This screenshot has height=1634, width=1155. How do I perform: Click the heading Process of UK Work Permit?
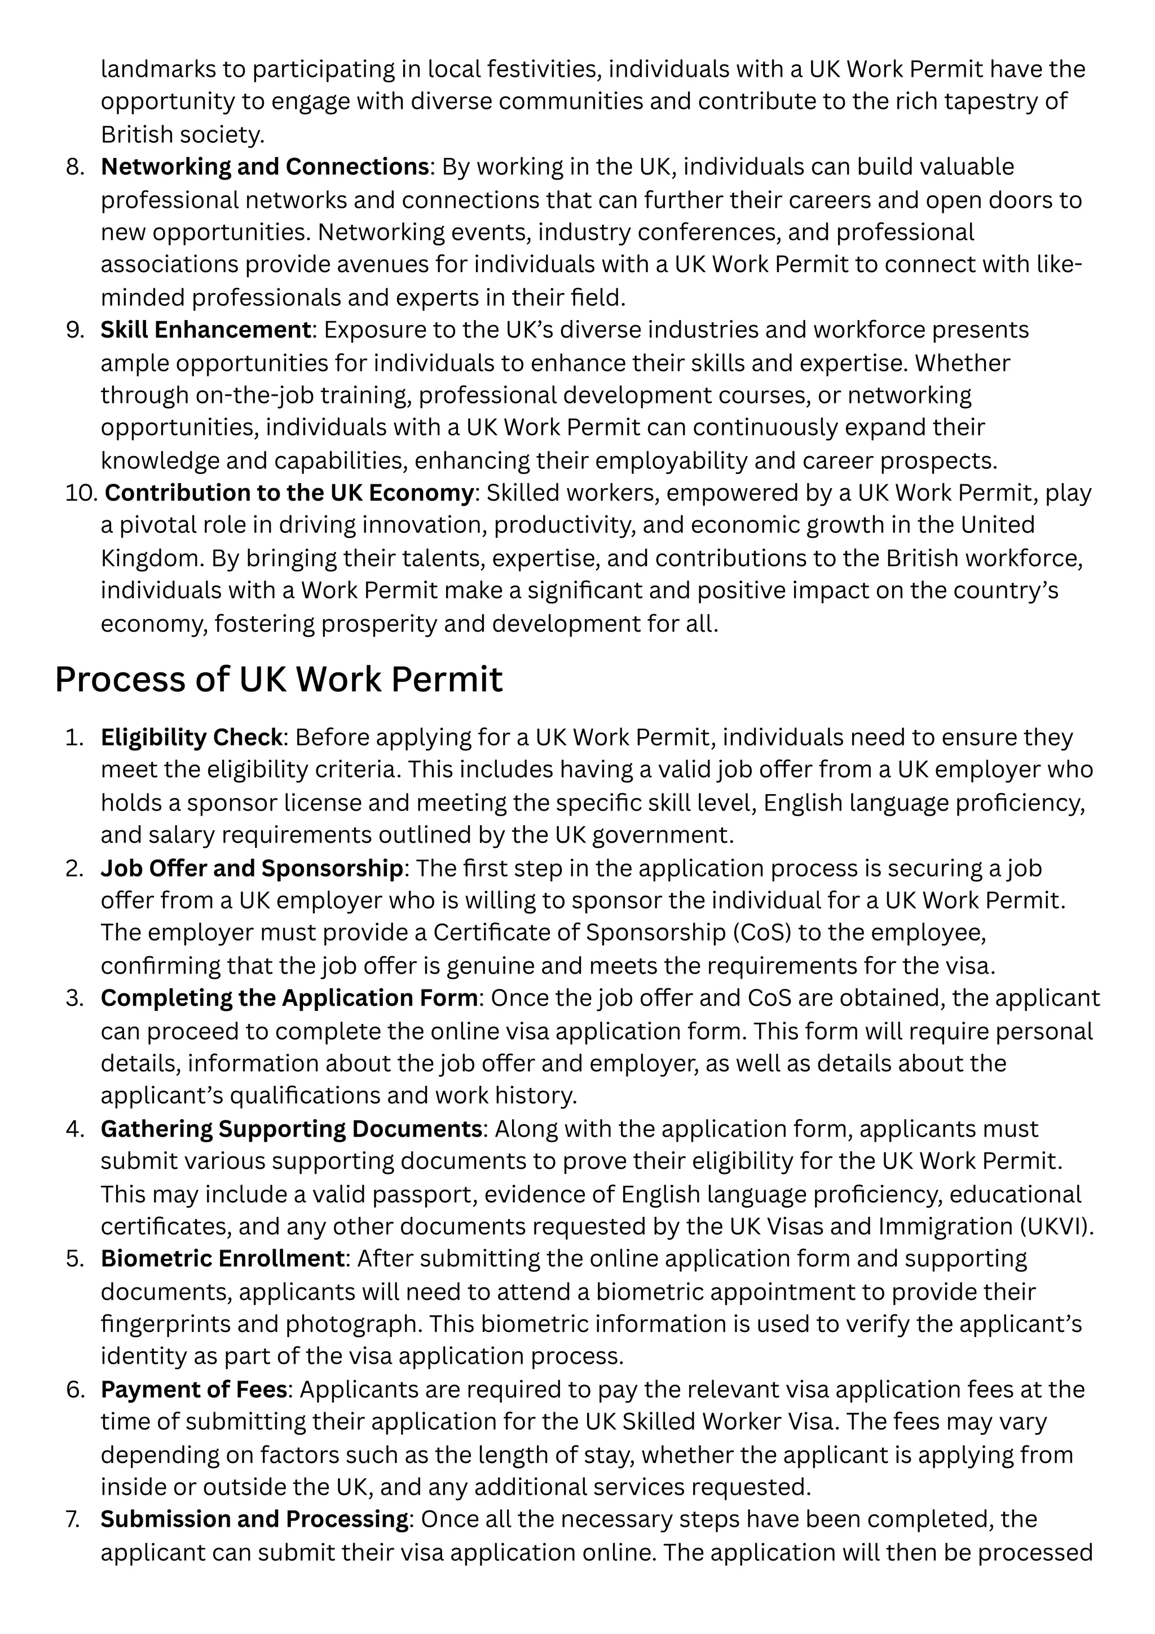[278, 679]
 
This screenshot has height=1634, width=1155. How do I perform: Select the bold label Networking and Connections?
[264, 167]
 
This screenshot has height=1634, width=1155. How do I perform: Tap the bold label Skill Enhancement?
[205, 330]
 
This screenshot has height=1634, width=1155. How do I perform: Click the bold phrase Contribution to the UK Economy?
[289, 493]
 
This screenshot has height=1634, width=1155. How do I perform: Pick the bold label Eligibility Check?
[191, 737]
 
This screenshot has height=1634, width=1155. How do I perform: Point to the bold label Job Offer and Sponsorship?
[252, 868]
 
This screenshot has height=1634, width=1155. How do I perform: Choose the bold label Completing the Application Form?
[289, 998]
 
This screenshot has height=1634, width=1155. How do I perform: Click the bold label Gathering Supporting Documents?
[292, 1129]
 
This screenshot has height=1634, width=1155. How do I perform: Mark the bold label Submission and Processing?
[254, 1519]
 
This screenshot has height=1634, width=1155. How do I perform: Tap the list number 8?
[74, 167]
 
